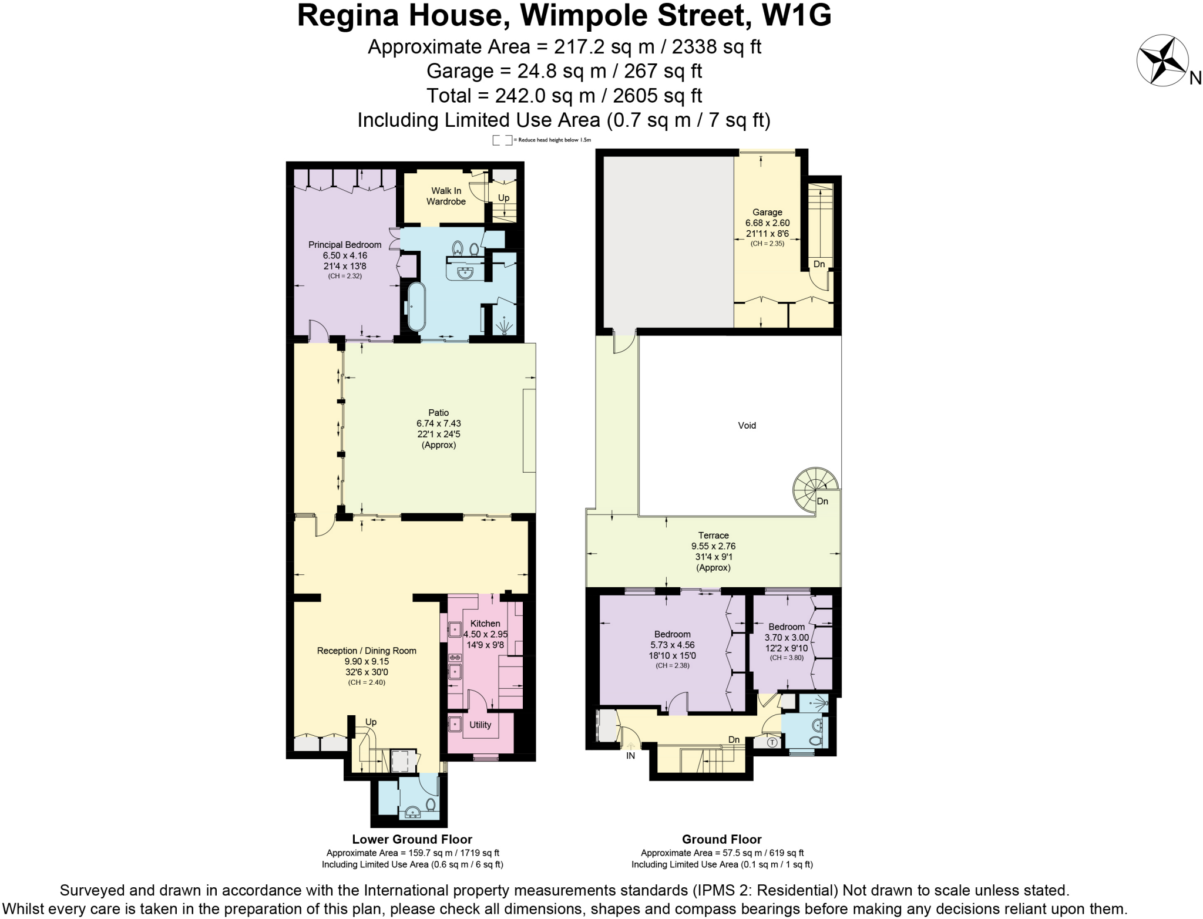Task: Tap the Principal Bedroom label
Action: coord(345,245)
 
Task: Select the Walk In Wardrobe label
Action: coord(446,196)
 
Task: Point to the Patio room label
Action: coord(438,413)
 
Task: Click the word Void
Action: coord(747,425)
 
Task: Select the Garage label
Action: coord(767,212)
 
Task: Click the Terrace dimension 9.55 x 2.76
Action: coord(713,546)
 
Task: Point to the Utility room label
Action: coord(480,725)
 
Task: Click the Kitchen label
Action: coord(485,624)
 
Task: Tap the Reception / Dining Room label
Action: coord(367,651)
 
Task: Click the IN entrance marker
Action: coord(630,756)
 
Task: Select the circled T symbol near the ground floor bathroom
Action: coord(772,742)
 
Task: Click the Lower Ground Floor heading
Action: coord(412,840)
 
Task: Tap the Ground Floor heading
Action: coord(721,840)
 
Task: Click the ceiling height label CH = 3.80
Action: coord(787,658)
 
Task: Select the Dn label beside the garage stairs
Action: coord(819,264)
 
